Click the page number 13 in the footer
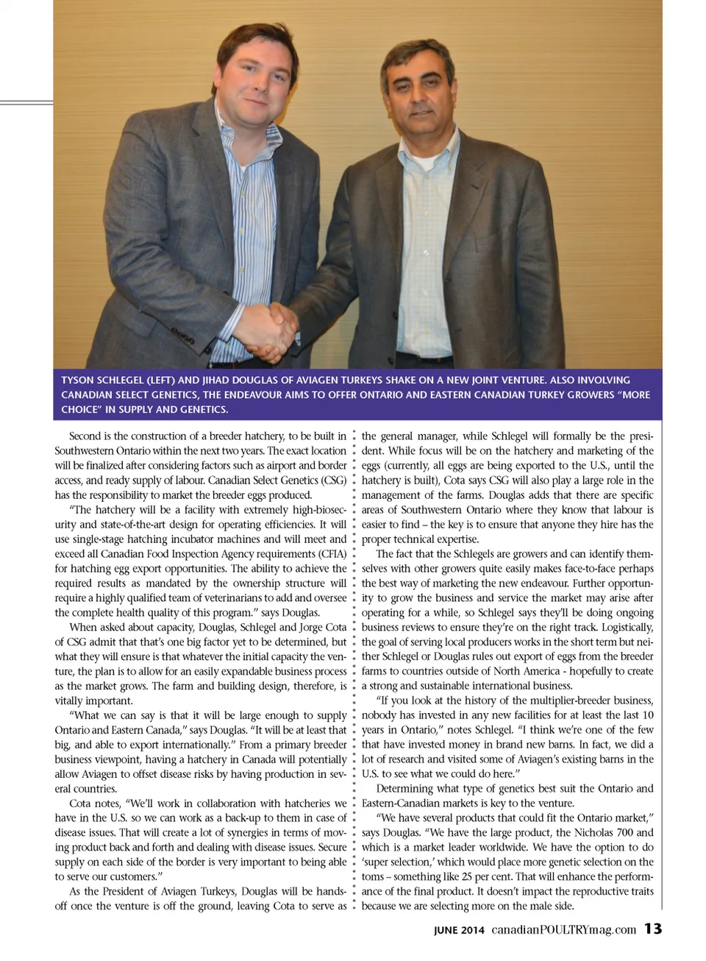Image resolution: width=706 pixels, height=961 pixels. (653, 929)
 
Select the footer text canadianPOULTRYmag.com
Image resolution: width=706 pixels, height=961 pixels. (563, 929)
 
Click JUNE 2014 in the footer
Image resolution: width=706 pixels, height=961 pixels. (459, 930)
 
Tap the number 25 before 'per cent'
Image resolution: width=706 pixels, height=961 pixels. (468, 877)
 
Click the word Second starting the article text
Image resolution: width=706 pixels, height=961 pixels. (85, 436)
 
